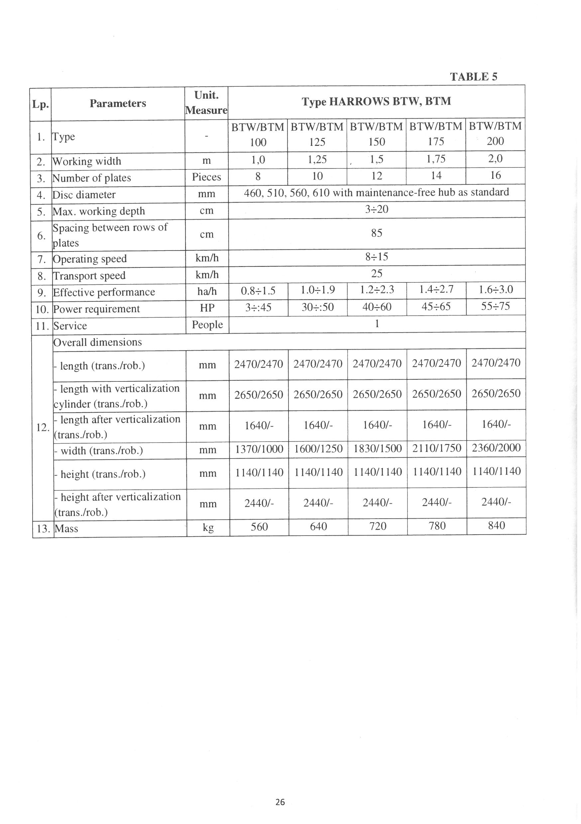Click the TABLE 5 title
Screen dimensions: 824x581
pyautogui.click(x=474, y=77)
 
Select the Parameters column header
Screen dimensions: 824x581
pyautogui.click(x=118, y=103)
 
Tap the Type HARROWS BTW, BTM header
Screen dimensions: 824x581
pyautogui.click(x=376, y=102)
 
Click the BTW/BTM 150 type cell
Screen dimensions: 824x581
pyautogui.click(x=376, y=134)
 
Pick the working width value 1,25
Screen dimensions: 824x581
pyautogui.click(x=317, y=159)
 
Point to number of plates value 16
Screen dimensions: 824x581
pyautogui.click(x=495, y=175)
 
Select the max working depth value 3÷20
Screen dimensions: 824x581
pyautogui.click(x=377, y=209)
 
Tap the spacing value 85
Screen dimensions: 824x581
pyautogui.click(x=377, y=233)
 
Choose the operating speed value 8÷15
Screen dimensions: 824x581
pyautogui.click(x=377, y=257)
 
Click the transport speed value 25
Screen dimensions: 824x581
pyautogui.click(x=377, y=274)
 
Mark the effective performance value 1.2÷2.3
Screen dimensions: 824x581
pyautogui.click(x=377, y=290)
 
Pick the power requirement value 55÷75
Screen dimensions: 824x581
pyautogui.click(x=496, y=306)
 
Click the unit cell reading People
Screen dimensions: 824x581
pyautogui.click(x=207, y=325)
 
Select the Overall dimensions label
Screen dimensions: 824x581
pyautogui.click(x=98, y=342)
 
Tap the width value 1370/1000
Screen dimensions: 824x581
pyautogui.click(x=259, y=449)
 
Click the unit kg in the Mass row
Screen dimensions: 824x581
pyautogui.click(x=208, y=528)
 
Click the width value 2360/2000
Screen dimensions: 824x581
pyautogui.click(x=496, y=448)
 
